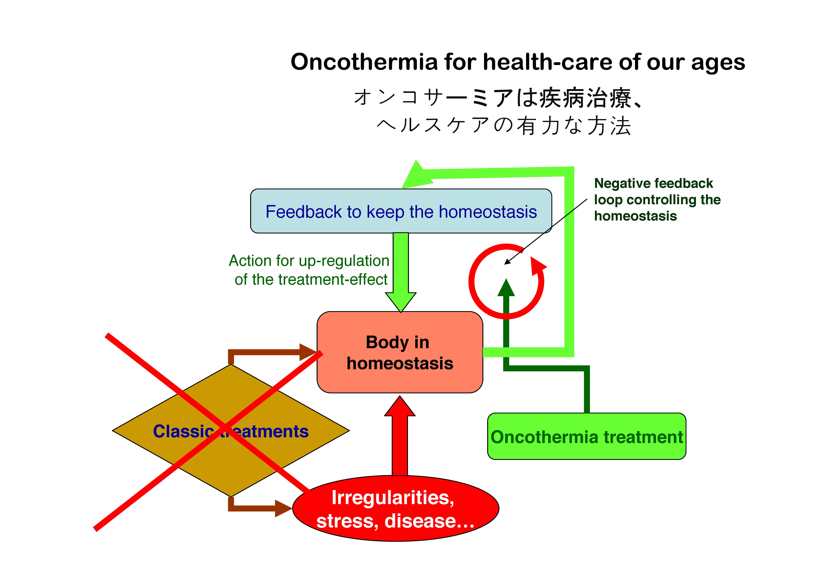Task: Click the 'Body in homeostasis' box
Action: click(400, 352)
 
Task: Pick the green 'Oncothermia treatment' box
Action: click(587, 436)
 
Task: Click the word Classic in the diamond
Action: click(184, 431)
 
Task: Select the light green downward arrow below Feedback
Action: click(401, 272)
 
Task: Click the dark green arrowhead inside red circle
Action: click(506, 288)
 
